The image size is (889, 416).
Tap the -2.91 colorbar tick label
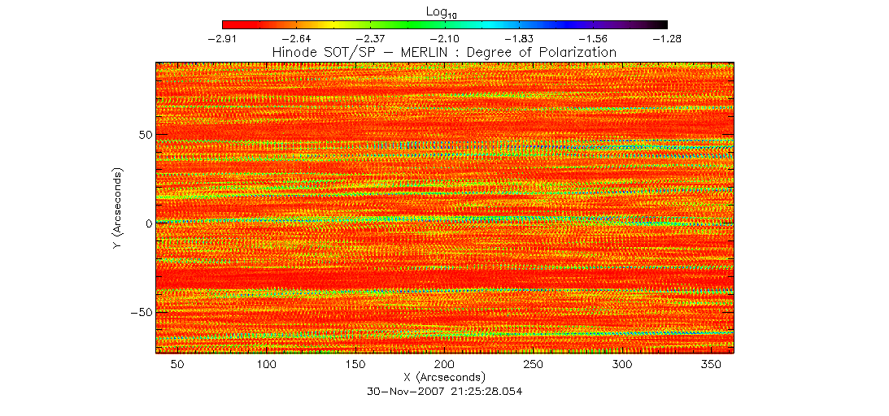click(x=222, y=38)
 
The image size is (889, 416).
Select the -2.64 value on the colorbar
click(x=296, y=38)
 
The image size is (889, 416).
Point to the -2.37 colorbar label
click(x=370, y=38)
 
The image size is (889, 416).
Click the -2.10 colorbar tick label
click(x=444, y=38)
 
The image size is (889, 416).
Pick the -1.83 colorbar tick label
click(x=519, y=38)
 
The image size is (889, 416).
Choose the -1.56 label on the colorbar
click(x=593, y=38)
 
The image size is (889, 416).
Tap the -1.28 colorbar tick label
click(x=667, y=38)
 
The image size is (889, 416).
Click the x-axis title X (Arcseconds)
click(x=444, y=378)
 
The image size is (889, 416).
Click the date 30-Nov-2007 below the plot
click(x=404, y=392)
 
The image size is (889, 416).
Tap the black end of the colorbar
click(x=660, y=25)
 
